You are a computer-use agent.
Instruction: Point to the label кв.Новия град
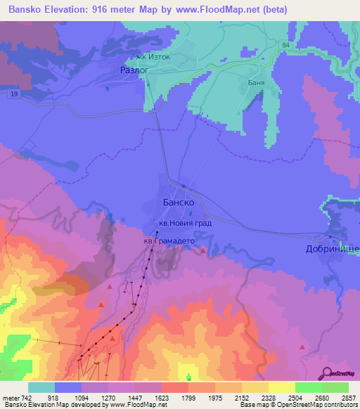[x=180, y=224]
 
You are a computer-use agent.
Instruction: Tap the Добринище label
[x=333, y=249]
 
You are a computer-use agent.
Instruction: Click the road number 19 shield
[x=15, y=93]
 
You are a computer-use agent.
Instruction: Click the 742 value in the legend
[x=27, y=397]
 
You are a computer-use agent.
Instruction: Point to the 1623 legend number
[x=162, y=397]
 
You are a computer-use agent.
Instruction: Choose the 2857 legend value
[x=348, y=397]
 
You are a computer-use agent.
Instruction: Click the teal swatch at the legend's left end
[x=41, y=387]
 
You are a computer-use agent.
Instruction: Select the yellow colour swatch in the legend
[x=281, y=387]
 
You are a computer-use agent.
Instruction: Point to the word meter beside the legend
[x=11, y=397]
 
